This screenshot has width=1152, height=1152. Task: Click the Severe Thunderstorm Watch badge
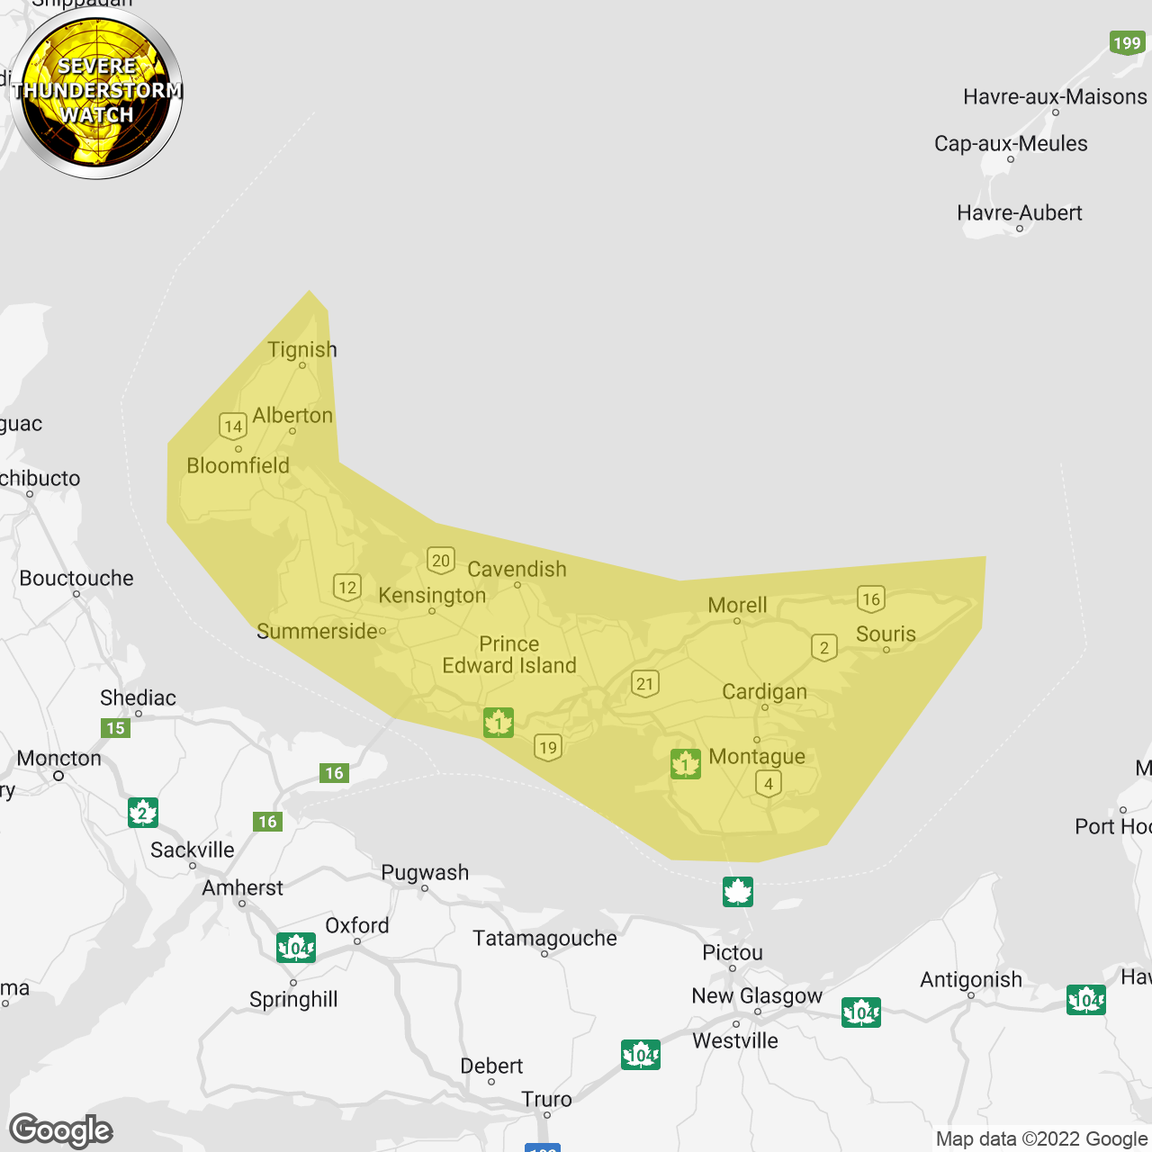coord(97,92)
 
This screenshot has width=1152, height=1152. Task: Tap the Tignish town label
coord(302,349)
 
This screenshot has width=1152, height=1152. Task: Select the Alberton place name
coord(292,416)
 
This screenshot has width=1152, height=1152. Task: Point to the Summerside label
coord(317,631)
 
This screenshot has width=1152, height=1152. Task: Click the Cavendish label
coord(517,569)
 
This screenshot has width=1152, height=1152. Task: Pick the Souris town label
coord(886,634)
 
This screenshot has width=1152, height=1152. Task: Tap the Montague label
coord(757,756)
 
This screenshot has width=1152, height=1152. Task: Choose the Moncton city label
coord(59,759)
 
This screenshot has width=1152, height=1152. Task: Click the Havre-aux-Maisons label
coord(1055,96)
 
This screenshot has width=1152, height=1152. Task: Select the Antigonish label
coord(971,979)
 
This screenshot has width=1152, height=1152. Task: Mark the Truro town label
coord(546,1099)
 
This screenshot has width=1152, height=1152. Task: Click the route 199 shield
coord(1127,42)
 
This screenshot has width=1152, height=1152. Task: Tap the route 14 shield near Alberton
coord(233,426)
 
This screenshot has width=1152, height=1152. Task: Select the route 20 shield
coord(441,561)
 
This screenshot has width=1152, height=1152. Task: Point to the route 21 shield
coord(644,683)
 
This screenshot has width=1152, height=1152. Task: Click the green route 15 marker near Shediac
coord(116,728)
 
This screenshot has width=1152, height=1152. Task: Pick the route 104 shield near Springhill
coord(296,948)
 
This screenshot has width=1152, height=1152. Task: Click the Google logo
coord(60,1130)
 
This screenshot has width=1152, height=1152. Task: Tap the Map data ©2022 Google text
coord(1041,1138)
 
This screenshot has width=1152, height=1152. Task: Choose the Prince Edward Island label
coord(509,654)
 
